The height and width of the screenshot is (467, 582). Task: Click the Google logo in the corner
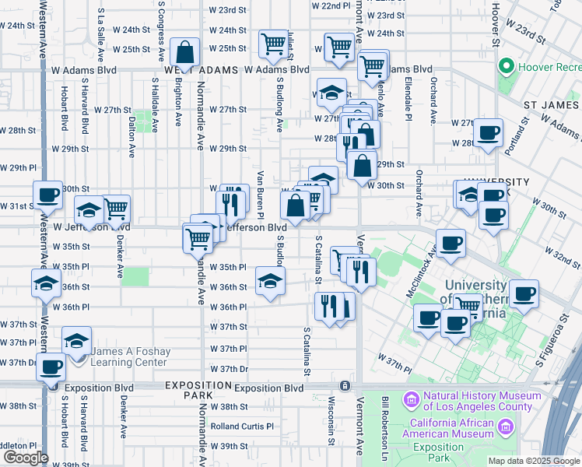tap(25, 458)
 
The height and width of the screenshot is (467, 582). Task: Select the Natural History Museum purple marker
tap(411, 400)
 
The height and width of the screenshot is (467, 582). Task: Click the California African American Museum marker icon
tap(507, 427)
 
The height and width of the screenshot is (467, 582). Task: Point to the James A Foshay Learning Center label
tap(128, 356)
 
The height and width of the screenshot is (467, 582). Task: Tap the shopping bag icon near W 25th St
tap(184, 54)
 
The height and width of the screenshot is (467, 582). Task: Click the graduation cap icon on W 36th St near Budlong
tap(270, 282)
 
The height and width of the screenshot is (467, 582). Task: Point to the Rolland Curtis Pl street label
tap(243, 427)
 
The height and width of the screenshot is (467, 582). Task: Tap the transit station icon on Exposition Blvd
tap(344, 386)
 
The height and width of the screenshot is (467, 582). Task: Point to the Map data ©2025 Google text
tap(533, 461)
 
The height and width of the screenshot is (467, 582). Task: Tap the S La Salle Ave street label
tap(101, 35)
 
